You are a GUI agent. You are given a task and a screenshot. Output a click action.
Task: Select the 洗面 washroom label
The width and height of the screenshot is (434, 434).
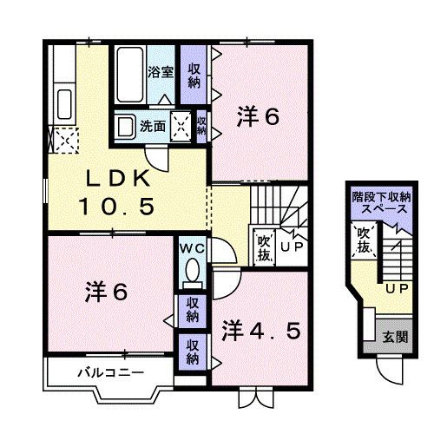(156, 126)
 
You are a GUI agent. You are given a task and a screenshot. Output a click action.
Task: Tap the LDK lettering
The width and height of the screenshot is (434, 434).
(122, 180)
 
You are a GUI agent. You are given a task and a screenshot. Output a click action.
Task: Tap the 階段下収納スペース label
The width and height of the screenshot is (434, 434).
(382, 204)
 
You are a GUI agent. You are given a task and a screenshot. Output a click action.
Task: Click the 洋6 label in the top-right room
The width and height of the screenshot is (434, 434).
(258, 117)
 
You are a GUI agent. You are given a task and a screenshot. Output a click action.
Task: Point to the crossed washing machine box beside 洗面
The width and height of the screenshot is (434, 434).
(183, 125)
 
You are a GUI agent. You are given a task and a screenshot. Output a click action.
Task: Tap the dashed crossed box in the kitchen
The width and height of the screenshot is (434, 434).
(63, 138)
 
